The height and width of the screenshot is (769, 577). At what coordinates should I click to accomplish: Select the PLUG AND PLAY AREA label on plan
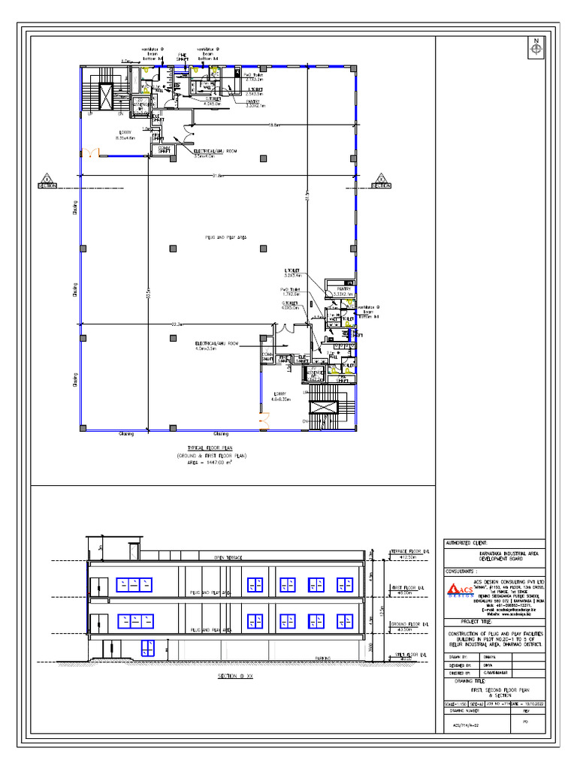226,237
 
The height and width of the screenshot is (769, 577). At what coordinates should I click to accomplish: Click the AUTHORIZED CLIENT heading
467,542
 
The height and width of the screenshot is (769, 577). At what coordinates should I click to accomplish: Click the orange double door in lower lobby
264,424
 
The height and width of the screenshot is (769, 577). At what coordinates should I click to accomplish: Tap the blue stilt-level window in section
147,646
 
